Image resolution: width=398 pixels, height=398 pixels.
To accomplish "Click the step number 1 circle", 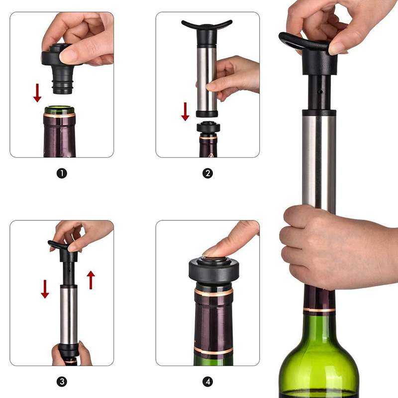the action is coord(62,174).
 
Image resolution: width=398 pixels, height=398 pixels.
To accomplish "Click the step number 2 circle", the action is coord(207,173).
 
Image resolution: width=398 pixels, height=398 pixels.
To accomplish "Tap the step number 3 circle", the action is coord(62,382).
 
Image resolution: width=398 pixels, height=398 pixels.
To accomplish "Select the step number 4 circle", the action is coord(207,382).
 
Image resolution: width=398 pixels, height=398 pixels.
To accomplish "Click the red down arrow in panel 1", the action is coord(37,93).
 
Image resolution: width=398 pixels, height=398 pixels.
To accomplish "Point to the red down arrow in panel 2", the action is coord(185,111).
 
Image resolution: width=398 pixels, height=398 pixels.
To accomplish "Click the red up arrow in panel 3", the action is coord(91,280).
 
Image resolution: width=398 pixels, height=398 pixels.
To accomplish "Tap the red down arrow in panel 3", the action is coord(45,289).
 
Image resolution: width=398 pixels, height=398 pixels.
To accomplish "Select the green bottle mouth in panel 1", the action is coord(59,109).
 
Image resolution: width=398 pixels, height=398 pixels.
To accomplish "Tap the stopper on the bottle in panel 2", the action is coord(208,127).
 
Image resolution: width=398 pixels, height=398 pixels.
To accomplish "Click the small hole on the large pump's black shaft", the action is coord(320,92).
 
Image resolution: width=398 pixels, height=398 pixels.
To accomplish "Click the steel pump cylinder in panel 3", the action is coord(69,315).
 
